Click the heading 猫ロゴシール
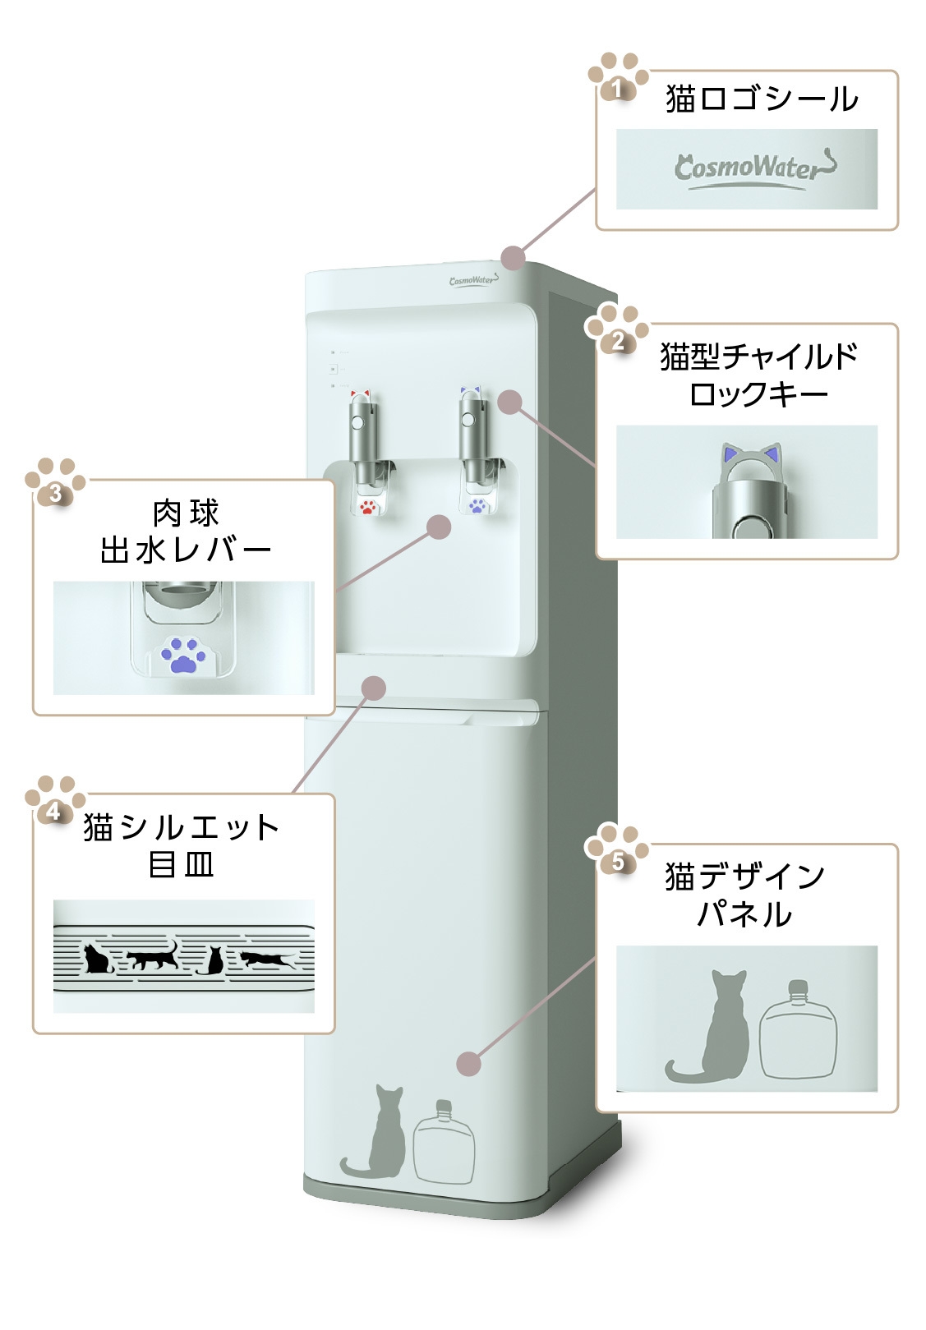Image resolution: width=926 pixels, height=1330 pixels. click(x=761, y=99)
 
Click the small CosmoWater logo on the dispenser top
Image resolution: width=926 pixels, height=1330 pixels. click(x=473, y=281)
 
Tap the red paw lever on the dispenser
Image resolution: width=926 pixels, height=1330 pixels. click(x=368, y=507)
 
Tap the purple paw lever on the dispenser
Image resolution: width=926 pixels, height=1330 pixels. click(x=477, y=505)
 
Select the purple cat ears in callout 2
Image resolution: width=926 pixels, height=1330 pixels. click(x=747, y=453)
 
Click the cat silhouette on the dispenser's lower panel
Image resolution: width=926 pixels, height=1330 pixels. click(x=378, y=1134)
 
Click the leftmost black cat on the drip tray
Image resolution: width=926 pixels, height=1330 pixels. click(x=97, y=958)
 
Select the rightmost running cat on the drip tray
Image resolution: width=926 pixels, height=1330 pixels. click(x=266, y=958)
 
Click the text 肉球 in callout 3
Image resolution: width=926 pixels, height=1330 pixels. click(x=187, y=513)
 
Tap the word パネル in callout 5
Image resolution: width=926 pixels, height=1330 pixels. click(x=744, y=914)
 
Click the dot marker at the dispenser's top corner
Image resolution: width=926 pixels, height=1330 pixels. click(x=513, y=257)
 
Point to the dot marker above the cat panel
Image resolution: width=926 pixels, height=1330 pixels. click(x=468, y=1063)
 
